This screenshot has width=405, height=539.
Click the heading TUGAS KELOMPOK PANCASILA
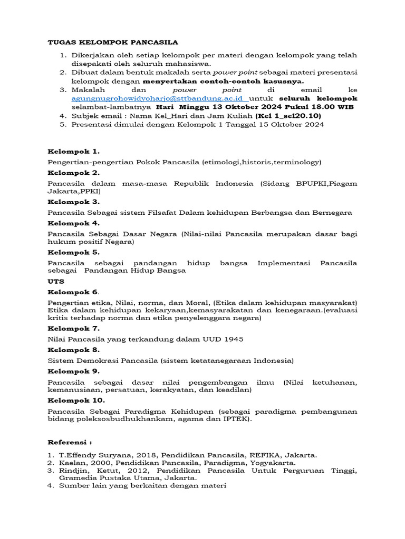coord(113,42)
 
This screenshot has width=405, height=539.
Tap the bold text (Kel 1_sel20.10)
coord(288,116)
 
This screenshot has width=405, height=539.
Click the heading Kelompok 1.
coord(73,152)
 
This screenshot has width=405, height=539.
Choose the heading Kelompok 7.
coord(73,328)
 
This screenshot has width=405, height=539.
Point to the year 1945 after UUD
coord(233,340)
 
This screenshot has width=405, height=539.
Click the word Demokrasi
coord(97,361)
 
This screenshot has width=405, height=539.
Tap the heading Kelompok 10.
coord(76,400)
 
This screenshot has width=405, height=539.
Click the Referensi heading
coord(70,442)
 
